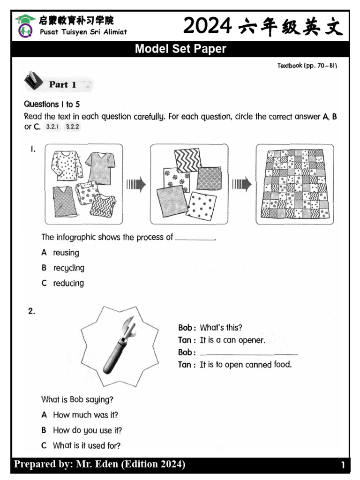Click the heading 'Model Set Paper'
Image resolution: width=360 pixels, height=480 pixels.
[x=180, y=49]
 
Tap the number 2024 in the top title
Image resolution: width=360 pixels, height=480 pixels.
[x=207, y=26]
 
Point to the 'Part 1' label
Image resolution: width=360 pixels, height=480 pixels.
[x=62, y=85]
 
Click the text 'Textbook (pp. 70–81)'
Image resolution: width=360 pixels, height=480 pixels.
[x=307, y=66]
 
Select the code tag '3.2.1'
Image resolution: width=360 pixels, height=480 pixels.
[x=52, y=127]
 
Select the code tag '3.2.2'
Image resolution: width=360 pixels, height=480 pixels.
[x=72, y=127]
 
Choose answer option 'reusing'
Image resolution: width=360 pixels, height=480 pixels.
[x=66, y=253]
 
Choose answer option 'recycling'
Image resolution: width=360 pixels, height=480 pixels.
[x=68, y=268]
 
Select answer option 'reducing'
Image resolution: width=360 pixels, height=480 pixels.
[x=68, y=283]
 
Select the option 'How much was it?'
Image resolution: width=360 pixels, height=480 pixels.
[x=85, y=415]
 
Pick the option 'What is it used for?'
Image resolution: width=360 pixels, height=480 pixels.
[x=86, y=445]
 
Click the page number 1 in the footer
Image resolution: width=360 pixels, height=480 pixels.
[x=343, y=465]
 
